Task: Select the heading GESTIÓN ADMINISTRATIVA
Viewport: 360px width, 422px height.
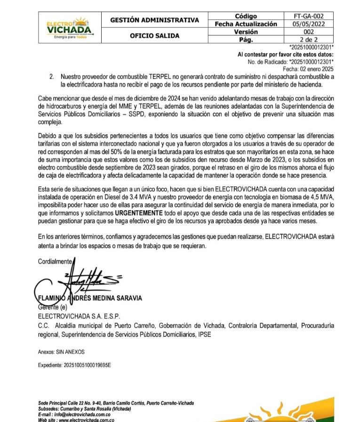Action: (x=154, y=20)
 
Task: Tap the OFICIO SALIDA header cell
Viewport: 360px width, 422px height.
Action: (x=154, y=35)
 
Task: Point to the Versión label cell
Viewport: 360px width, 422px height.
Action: (x=246, y=32)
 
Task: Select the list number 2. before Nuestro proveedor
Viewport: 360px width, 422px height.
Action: (x=52, y=77)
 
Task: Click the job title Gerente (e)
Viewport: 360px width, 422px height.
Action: (x=53, y=307)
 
